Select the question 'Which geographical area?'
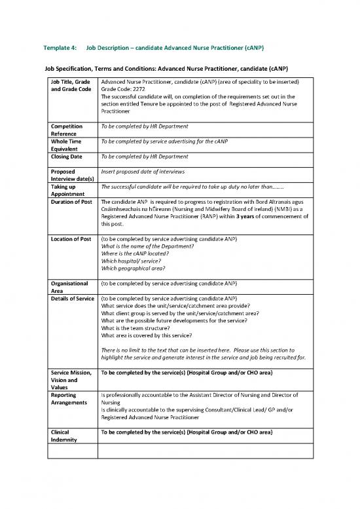pyautogui.click(x=134, y=267)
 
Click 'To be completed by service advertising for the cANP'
pyautogui.click(x=173, y=141)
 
